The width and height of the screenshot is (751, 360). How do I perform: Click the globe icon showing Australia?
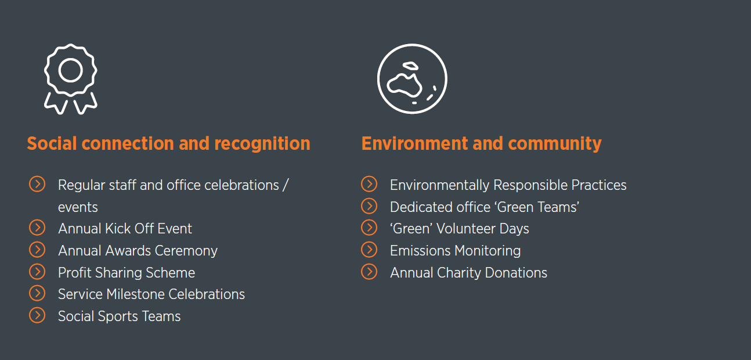coord(412,79)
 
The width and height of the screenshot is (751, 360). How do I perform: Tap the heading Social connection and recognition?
coord(169,143)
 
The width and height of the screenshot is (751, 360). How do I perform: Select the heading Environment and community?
coord(482,143)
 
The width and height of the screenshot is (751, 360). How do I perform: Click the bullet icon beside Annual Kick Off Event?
coord(37,228)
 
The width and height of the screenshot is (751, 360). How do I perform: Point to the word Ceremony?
coord(186,251)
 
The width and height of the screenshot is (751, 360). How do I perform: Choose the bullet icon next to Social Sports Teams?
coord(37,315)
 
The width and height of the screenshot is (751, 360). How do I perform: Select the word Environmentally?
coord(439,185)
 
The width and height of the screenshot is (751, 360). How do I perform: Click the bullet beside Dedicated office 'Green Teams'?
coord(369,206)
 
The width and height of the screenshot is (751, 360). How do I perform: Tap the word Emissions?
coord(420,251)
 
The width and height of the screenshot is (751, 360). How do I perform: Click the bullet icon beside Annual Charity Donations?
coord(369,272)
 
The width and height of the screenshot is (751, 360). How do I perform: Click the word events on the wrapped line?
coord(78,207)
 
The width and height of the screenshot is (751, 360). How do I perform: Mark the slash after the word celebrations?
coord(286,185)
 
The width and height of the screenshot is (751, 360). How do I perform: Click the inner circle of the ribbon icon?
coord(70,70)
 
